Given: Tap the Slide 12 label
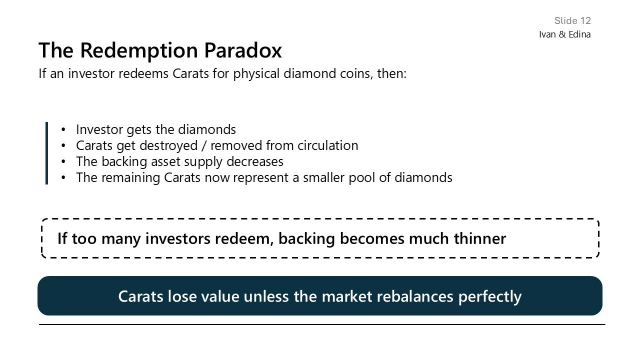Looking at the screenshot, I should (x=572, y=20).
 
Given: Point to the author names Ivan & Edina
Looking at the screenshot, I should (x=564, y=34).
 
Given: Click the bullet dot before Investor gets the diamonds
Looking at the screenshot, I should (x=63, y=130).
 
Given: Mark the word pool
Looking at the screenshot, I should (x=361, y=177).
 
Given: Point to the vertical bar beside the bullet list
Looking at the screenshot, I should (x=46, y=153).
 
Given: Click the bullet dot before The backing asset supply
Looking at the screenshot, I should (x=63, y=162).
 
